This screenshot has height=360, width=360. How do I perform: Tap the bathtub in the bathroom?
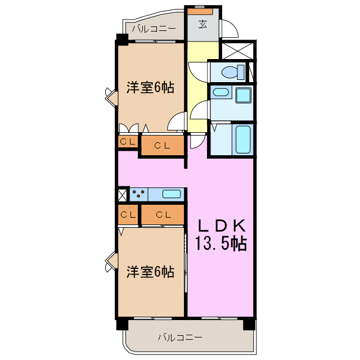243,139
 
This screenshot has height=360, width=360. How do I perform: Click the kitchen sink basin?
172,194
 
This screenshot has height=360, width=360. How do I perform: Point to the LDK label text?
221,226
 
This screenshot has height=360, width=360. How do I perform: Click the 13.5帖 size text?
221,244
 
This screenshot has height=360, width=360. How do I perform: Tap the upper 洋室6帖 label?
150,87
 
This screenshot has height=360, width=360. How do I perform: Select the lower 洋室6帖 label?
150,272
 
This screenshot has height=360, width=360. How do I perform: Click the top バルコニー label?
154,28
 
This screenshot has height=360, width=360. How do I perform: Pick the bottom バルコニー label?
180,337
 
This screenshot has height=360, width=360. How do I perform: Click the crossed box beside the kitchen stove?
123,194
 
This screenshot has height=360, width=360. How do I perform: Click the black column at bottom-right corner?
248,324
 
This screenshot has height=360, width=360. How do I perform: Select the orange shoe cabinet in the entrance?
200,11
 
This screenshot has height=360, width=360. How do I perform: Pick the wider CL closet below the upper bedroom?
162,146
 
